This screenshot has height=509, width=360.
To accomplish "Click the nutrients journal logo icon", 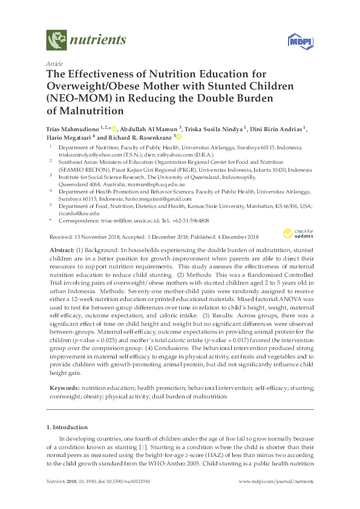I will click(x=56, y=41).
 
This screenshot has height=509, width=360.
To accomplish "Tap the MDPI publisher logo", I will click(x=295, y=41).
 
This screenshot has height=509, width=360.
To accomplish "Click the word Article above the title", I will click(x=53, y=63).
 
